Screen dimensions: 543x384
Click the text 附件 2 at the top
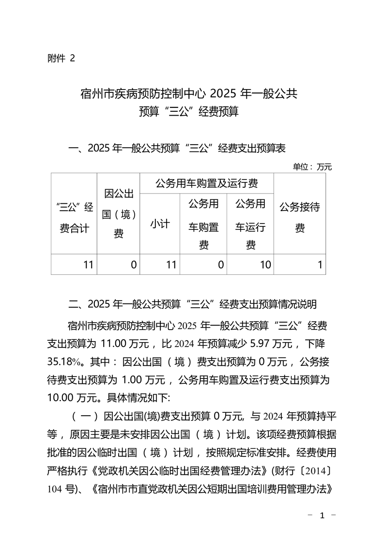(x=61, y=59)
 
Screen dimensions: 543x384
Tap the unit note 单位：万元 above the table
(x=312, y=167)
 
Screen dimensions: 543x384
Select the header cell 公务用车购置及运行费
(x=206, y=183)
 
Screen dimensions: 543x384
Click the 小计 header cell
(x=160, y=224)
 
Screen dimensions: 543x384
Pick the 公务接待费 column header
(x=300, y=217)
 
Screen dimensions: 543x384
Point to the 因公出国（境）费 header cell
(x=118, y=213)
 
